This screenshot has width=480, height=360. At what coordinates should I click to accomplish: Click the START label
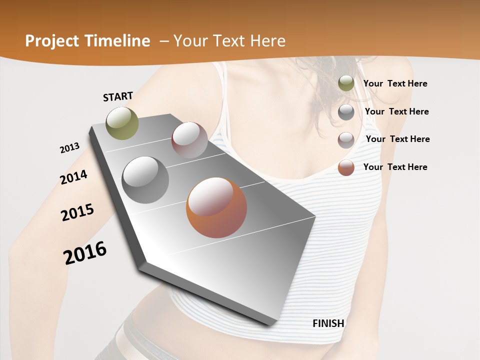coord(118,96)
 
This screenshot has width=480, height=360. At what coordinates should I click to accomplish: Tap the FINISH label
coord(328,323)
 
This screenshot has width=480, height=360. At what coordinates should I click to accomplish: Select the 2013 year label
coord(70,148)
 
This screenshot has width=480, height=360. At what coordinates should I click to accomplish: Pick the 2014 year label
coord(73,177)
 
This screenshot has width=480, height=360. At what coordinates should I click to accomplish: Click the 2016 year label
coord(85,253)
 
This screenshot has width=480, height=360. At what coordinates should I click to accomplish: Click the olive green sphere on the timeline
coord(122,123)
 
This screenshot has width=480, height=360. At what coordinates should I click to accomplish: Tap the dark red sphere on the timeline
coord(189,140)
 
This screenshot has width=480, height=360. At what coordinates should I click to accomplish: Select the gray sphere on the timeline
coord(145,180)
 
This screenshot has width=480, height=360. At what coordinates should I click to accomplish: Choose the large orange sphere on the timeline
coord(216,207)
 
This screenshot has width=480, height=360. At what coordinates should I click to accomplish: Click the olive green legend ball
coord(346,83)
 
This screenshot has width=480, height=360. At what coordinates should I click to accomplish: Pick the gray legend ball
coord(346,112)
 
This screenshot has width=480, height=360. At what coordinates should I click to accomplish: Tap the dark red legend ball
coord(346,140)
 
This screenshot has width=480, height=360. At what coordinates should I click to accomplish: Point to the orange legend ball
coord(346,167)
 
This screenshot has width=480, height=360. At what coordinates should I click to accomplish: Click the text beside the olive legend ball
coord(395,84)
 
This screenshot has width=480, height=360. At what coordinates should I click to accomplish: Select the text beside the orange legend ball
coord(395,167)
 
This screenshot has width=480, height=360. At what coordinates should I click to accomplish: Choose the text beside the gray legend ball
coord(396,111)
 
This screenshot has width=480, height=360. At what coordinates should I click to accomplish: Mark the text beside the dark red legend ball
coord(397,139)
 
